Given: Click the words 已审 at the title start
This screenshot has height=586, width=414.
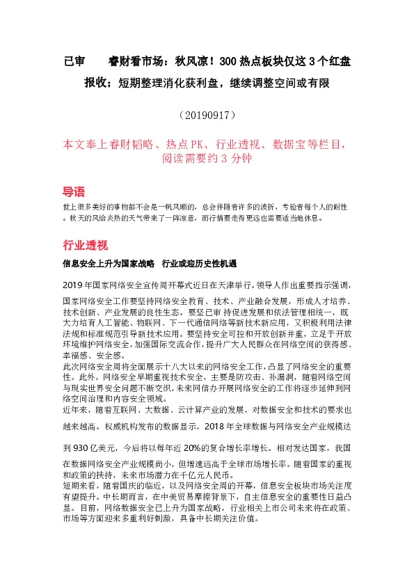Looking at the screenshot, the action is pyautogui.click(x=73, y=61).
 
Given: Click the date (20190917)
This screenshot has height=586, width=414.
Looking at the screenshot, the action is pyautogui.click(x=207, y=113).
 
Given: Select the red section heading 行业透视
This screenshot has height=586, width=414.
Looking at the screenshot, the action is pyautogui.click(x=85, y=245).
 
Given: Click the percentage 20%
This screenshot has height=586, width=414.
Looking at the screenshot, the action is pyautogui.click(x=182, y=449).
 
